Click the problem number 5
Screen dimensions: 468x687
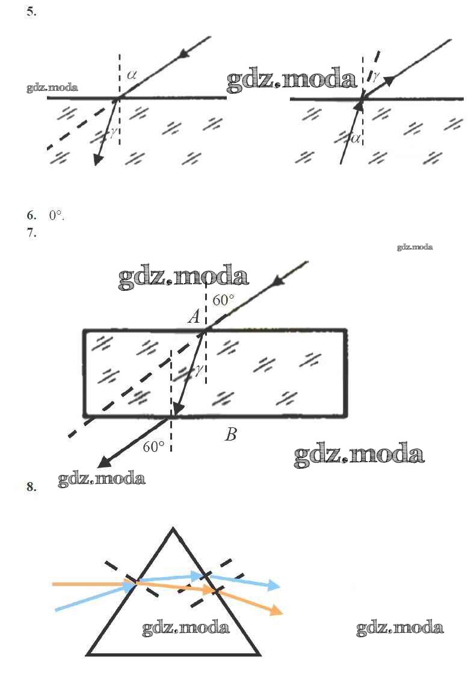pyautogui.click(x=31, y=12)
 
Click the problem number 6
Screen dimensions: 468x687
pyautogui.click(x=31, y=215)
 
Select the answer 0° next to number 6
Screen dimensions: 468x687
pyautogui.click(x=56, y=215)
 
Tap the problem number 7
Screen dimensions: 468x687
pyautogui.click(x=31, y=233)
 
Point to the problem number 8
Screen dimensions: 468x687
pyautogui.click(x=31, y=487)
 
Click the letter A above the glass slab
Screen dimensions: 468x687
pyautogui.click(x=194, y=316)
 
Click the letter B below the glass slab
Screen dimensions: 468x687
pyautogui.click(x=231, y=434)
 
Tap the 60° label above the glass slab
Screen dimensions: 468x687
pyautogui.click(x=223, y=300)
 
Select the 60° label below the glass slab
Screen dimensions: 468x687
pyautogui.click(x=153, y=447)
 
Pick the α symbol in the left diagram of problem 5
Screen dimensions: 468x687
pyautogui.click(x=132, y=75)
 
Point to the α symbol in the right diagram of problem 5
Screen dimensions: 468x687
pyautogui.click(x=356, y=139)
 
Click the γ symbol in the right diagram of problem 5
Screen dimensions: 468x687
pyautogui.click(x=376, y=76)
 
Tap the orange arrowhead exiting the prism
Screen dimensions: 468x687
pyautogui.click(x=276, y=609)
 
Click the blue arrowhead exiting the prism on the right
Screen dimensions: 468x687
pyautogui.click(x=274, y=585)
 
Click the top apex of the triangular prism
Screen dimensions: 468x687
pyautogui.click(x=173, y=528)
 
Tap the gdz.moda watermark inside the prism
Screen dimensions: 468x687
pyautogui.click(x=185, y=627)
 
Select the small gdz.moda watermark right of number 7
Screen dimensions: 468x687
pyautogui.click(x=415, y=247)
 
